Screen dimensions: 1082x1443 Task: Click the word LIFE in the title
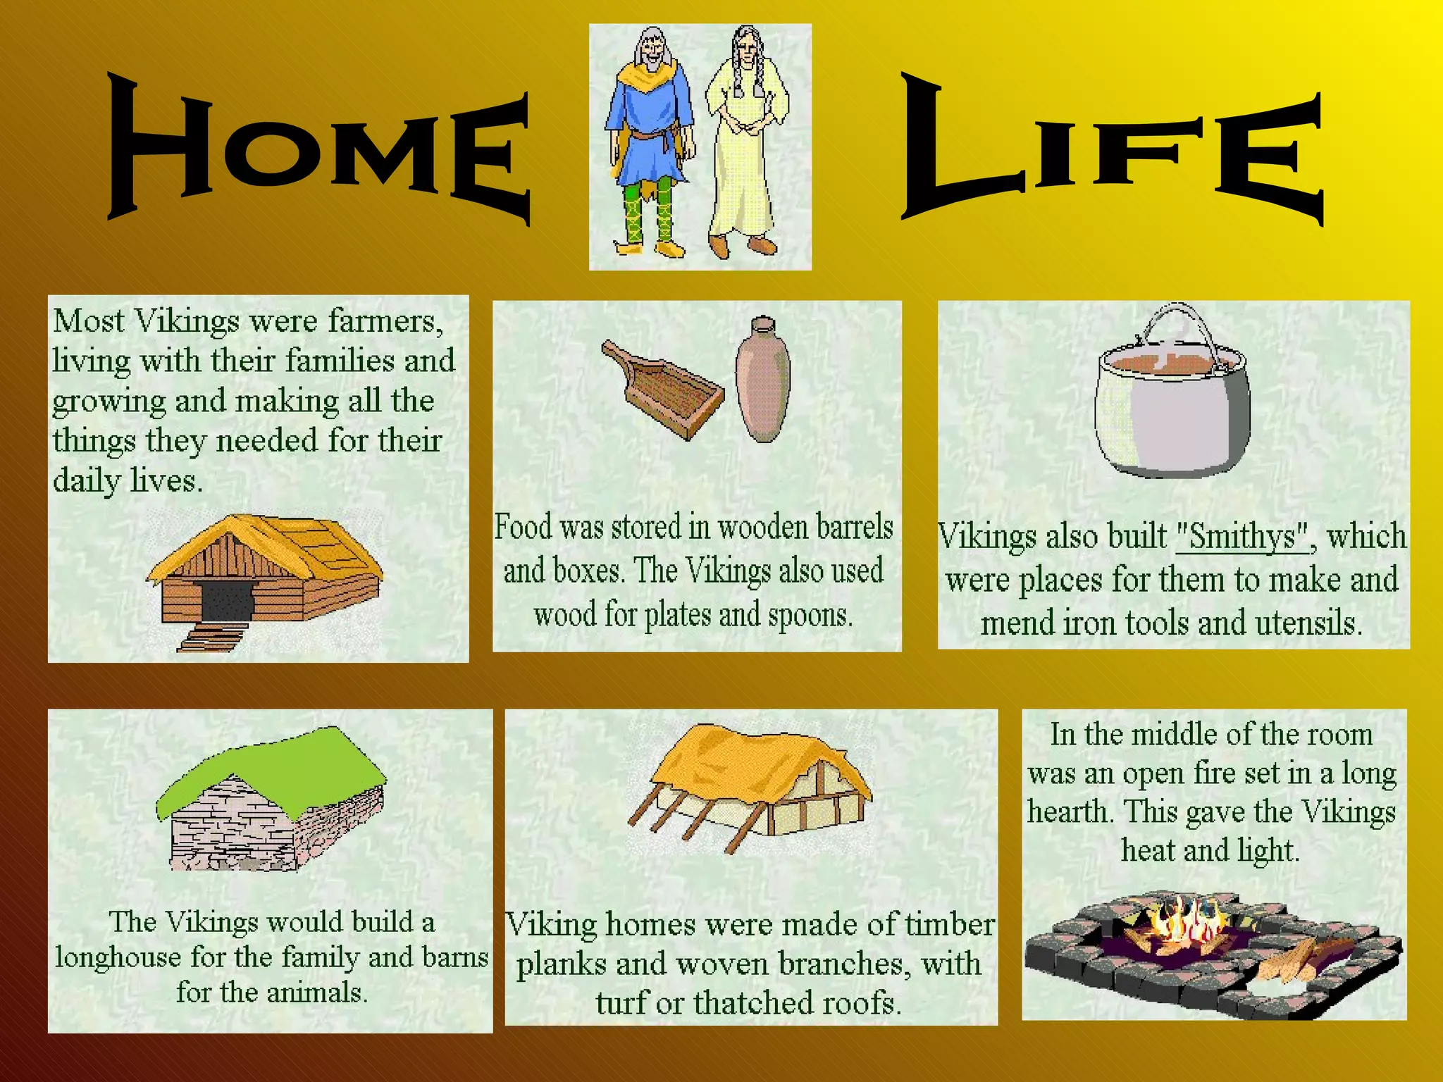point(1113,151)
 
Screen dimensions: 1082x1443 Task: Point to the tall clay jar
point(762,380)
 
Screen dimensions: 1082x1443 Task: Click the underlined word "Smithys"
point(1242,537)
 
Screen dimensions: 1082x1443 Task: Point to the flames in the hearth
point(1184,919)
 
